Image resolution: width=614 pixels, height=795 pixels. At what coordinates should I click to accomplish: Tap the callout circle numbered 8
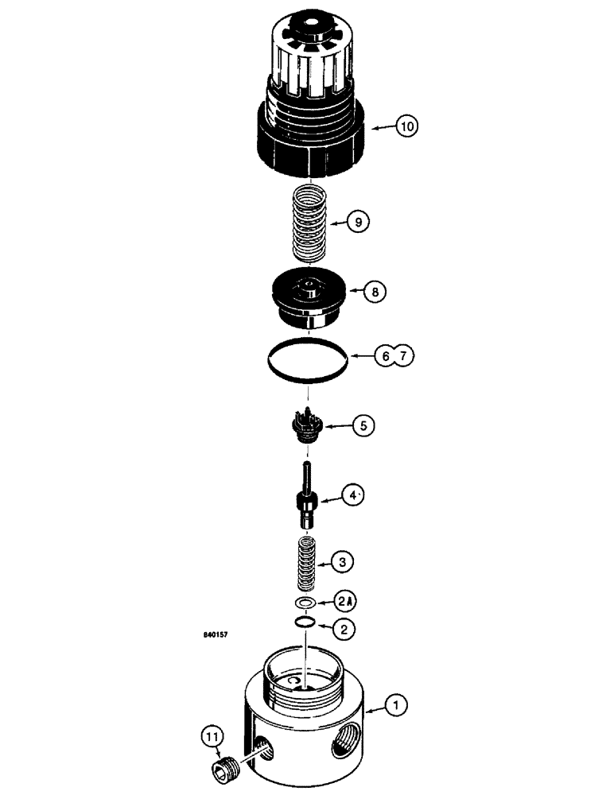pos(375,293)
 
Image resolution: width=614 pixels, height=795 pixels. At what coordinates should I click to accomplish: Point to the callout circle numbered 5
pos(363,426)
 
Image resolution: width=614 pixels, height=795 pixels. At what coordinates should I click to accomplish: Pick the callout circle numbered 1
pos(395,704)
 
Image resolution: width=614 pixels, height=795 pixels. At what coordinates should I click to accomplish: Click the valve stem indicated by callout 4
pos(307,497)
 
